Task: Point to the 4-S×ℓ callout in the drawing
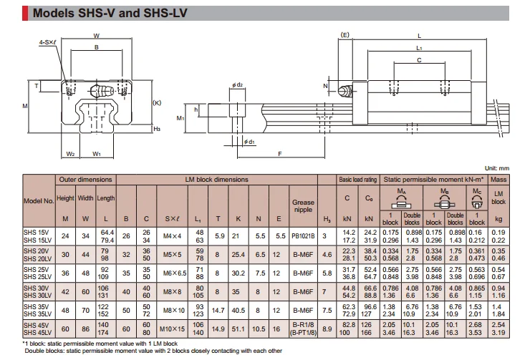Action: pos(49,42)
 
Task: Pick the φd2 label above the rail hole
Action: pos(238,85)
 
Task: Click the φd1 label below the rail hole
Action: pos(249,142)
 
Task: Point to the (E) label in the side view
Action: pos(344,34)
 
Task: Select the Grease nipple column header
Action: pos(303,206)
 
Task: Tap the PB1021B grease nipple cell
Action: pos(303,235)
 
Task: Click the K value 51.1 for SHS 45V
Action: pos(238,329)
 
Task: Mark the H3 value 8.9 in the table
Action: pos(327,329)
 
